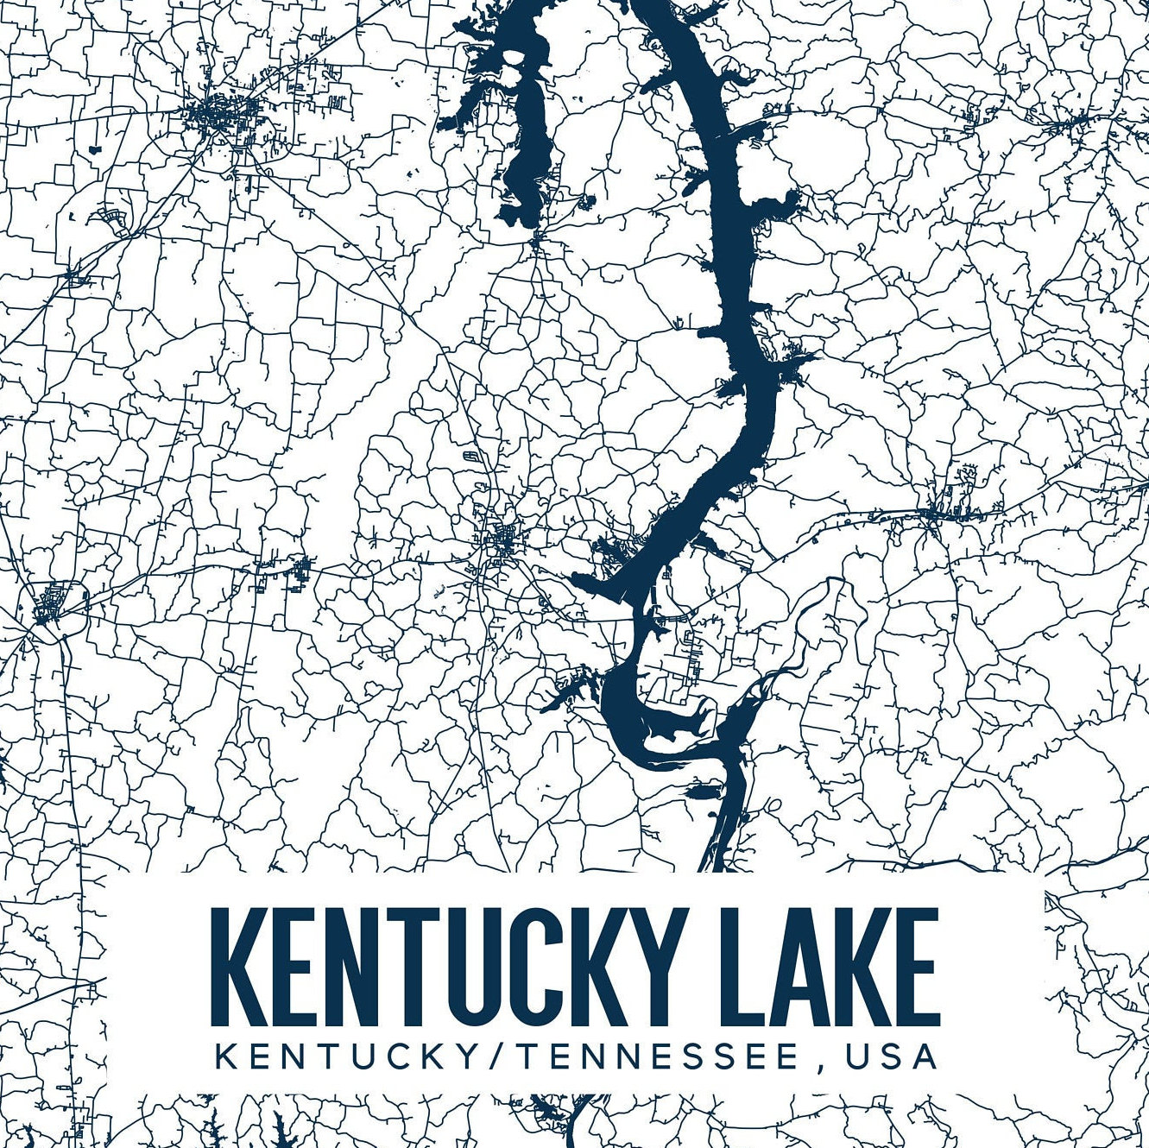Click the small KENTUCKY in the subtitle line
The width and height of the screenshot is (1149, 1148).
[x=345, y=1057]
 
